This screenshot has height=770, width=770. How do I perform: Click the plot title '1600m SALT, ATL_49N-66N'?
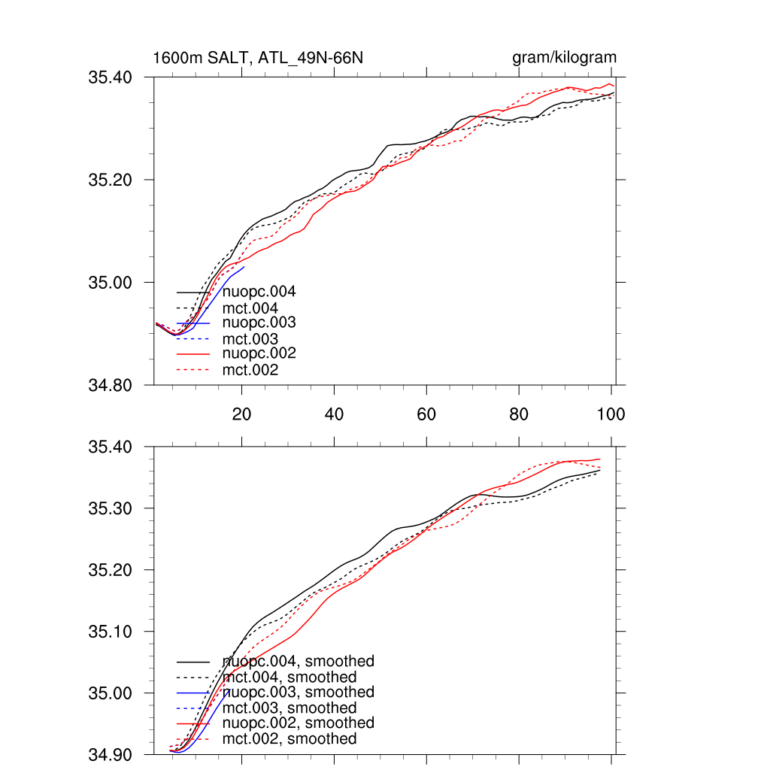(x=258, y=58)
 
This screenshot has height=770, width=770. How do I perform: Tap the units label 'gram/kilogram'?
(x=565, y=58)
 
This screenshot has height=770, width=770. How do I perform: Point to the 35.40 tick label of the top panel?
(x=111, y=77)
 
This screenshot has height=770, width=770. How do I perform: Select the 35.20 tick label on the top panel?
(x=111, y=180)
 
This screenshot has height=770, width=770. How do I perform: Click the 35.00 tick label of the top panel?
(x=111, y=283)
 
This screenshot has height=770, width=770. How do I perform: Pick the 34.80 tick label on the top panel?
(x=111, y=386)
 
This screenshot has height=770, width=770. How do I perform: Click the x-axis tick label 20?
(x=241, y=414)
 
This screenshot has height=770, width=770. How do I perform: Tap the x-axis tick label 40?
(x=334, y=414)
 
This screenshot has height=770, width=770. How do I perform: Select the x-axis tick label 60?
(x=426, y=414)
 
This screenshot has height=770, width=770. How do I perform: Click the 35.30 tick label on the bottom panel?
(x=111, y=508)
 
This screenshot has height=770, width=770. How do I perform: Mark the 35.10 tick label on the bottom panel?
(x=111, y=632)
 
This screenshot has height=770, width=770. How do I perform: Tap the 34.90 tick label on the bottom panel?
(x=111, y=754)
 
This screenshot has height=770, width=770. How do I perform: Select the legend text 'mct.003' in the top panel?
(x=250, y=339)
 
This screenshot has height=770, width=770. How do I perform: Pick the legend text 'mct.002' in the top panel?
(x=250, y=370)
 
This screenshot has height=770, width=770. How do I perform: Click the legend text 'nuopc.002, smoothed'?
(x=299, y=723)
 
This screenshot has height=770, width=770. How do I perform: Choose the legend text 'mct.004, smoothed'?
(x=290, y=678)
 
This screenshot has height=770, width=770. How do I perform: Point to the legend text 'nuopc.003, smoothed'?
(x=299, y=692)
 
